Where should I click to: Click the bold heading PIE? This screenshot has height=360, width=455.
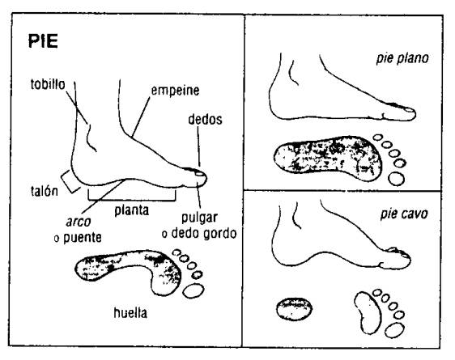click(43, 41)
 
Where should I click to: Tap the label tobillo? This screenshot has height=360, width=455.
click(48, 84)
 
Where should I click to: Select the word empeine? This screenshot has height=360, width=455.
click(175, 91)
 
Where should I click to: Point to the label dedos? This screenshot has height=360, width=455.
click(205, 120)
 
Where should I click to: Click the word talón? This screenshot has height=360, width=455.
click(45, 191)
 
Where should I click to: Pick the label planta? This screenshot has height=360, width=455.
click(132, 210)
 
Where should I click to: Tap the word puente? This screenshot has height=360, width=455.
click(83, 238)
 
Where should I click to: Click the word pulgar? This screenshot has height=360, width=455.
click(199, 218)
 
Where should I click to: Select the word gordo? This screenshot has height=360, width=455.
click(220, 234)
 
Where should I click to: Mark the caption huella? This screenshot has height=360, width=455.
click(130, 313)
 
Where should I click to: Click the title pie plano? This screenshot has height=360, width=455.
click(402, 58)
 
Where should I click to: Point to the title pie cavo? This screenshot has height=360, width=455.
click(404, 214)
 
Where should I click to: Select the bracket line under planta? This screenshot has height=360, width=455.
click(132, 200)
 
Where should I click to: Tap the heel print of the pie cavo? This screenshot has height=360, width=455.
click(294, 309)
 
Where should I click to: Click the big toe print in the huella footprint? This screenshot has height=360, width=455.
click(193, 290)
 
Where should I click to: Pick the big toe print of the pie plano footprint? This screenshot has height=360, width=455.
click(397, 179)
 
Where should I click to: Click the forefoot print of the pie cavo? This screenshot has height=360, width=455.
click(368, 313)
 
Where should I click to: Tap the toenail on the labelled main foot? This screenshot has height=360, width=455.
click(199, 174)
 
